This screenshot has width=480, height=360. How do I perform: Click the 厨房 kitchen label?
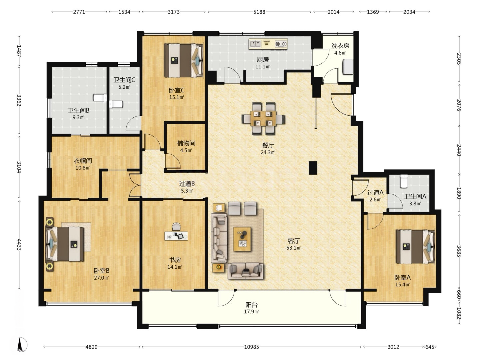tap(263, 59)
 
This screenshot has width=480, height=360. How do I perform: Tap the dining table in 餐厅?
tap(263, 118)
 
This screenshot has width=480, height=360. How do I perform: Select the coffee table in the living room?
tap(242, 239)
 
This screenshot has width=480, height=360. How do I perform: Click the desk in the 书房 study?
tap(176, 236)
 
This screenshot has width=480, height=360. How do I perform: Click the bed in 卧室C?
tap(184, 61)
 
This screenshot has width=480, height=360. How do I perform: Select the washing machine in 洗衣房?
tap(348, 66)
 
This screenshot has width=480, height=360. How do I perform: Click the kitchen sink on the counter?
tap(255, 44)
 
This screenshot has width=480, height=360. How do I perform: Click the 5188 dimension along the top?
tap(259, 12)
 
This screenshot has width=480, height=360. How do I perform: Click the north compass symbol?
tap(22, 345)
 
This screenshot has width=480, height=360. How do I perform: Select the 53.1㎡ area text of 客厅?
tap(294, 248)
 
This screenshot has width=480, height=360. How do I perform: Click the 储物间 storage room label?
tap(186, 143)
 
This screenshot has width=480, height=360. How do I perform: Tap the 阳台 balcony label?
tap(251, 304)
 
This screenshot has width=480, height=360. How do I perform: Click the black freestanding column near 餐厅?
tap(313, 168)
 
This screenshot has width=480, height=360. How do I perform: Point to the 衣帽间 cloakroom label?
tap(83, 161)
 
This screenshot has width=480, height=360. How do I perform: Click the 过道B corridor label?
tap(187, 184)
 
